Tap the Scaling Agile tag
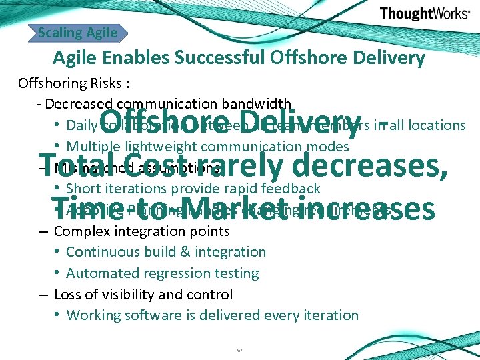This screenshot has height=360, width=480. pos(78,32)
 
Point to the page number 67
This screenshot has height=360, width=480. pos(240,350)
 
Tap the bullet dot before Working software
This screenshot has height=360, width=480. pos(59,315)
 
